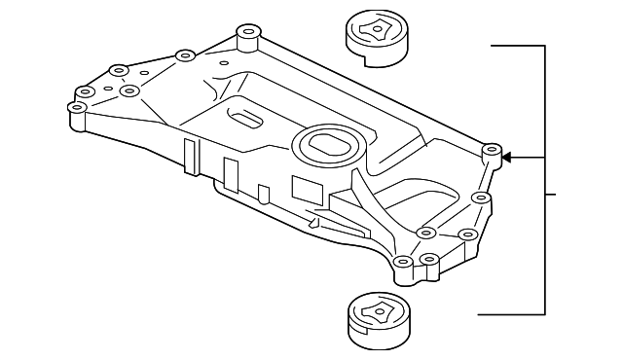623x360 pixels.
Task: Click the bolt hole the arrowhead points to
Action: point(492,153)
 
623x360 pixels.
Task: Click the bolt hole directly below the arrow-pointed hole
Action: point(479,198)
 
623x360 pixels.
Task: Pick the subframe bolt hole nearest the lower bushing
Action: point(402,262)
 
